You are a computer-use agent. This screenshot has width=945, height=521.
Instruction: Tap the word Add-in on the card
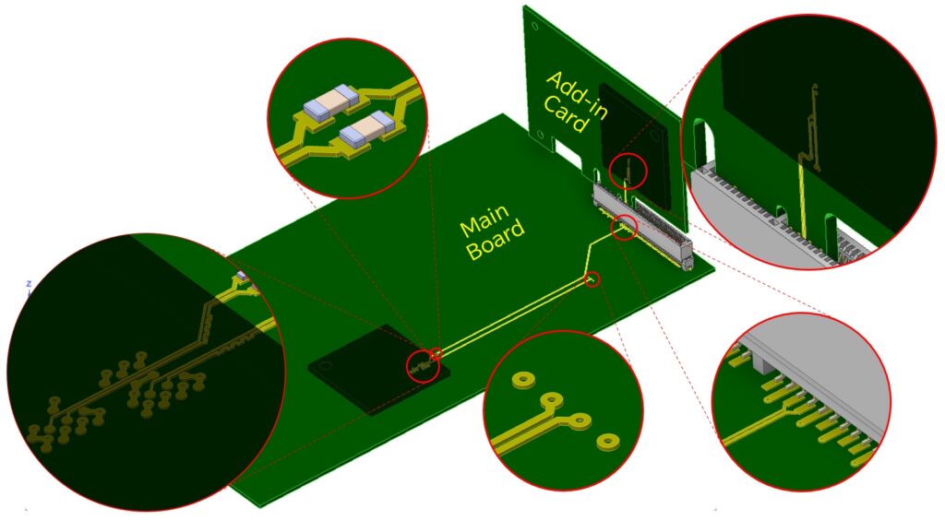tap(578, 96)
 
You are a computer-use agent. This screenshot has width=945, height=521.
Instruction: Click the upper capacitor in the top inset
tap(331, 101)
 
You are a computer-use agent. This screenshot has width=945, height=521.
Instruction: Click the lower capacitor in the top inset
tap(366, 131)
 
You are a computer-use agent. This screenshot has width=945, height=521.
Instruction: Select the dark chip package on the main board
tap(378, 369)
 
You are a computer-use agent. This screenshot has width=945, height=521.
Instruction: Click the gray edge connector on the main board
tap(642, 223)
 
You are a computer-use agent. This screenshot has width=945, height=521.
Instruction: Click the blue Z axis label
tap(29, 283)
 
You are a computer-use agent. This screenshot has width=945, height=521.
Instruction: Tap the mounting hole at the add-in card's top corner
tap(534, 26)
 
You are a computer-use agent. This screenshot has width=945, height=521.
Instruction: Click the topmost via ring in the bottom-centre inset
tap(523, 380)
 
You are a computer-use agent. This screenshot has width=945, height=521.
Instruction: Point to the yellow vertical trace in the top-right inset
tap(803, 199)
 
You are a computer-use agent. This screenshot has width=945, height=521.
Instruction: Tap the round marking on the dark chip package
tap(326, 365)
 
